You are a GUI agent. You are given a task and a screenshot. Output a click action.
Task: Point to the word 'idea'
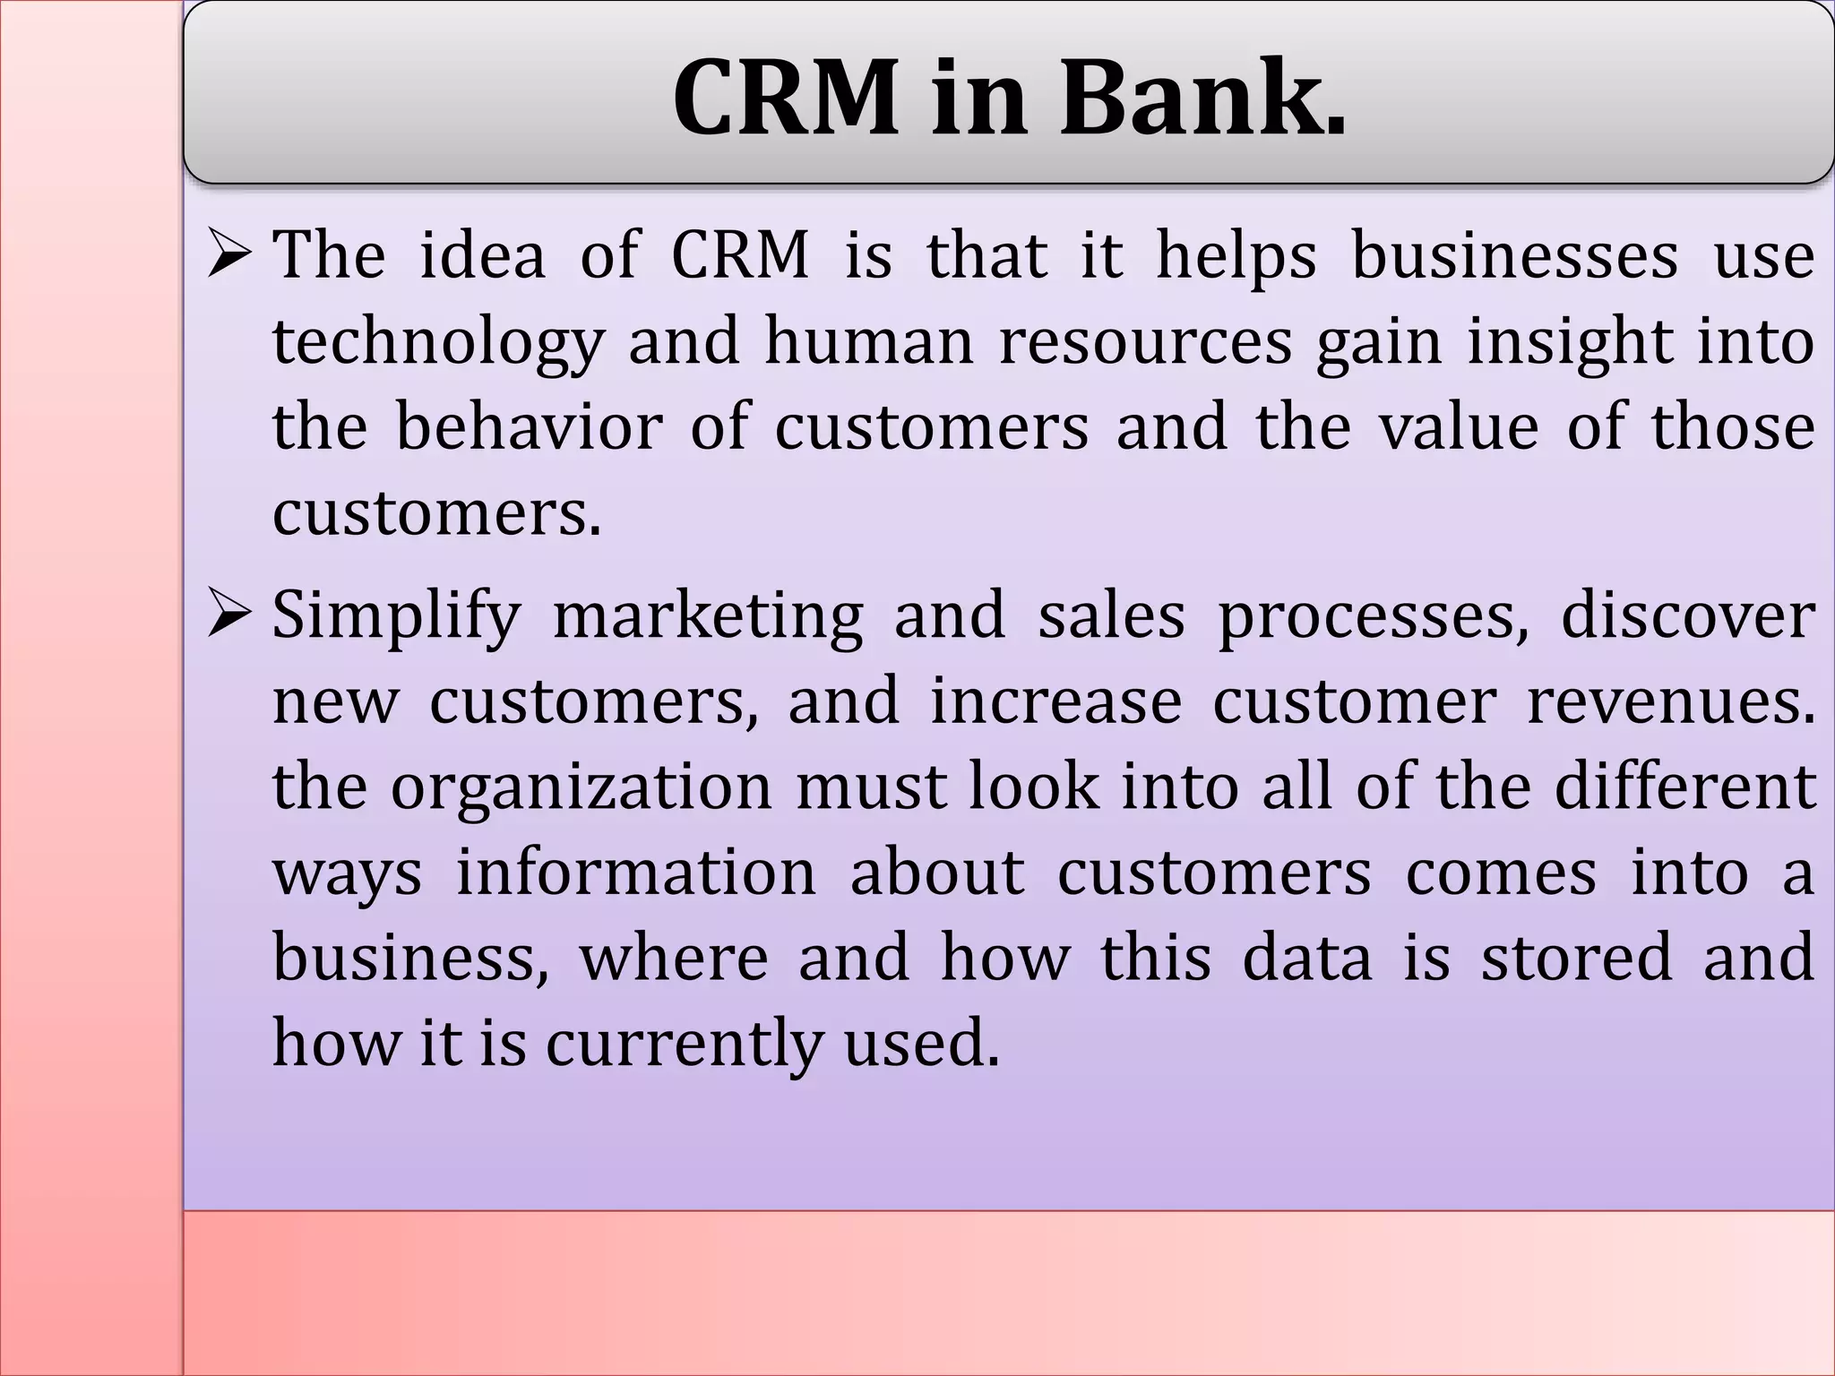[x=482, y=256]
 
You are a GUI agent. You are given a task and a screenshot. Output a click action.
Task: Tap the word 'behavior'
[x=529, y=427]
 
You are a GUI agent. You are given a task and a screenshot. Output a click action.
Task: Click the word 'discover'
[x=1688, y=616]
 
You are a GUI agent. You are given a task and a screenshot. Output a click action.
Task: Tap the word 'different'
[x=1684, y=787]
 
